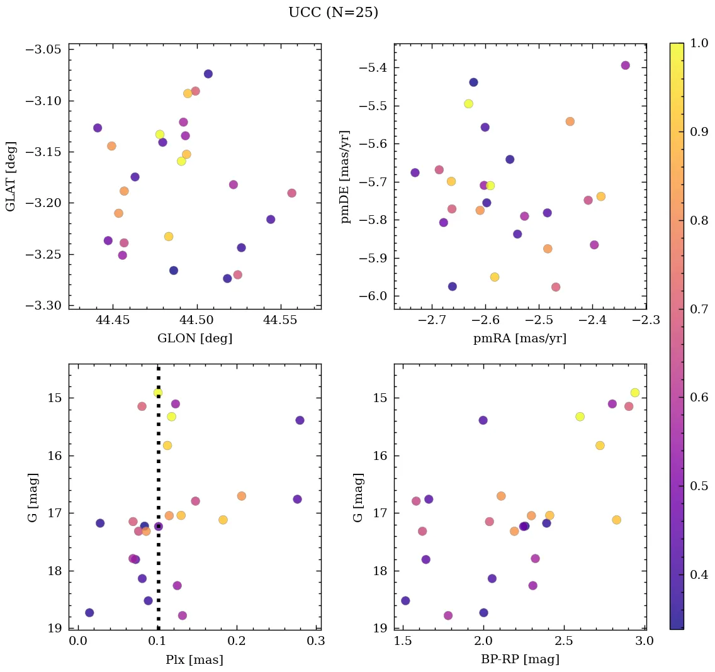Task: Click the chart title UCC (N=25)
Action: coord(333,13)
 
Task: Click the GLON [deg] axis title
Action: coord(194,339)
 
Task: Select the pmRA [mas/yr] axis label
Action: coord(520,339)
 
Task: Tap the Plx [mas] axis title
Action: coord(194,659)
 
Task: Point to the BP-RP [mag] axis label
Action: coord(520,659)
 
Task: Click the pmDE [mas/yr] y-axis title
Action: coord(346,176)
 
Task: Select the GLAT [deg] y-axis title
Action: coord(11,176)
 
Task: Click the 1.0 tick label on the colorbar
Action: coord(699,43)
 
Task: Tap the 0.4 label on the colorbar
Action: coord(699,575)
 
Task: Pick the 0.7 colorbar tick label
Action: coord(699,309)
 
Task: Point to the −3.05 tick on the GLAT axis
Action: coord(43,50)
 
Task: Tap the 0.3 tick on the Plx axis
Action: coord(316,642)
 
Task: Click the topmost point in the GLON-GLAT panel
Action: coord(208,74)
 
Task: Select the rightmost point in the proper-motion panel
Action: coord(625,65)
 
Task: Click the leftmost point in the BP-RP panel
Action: coord(405,601)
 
